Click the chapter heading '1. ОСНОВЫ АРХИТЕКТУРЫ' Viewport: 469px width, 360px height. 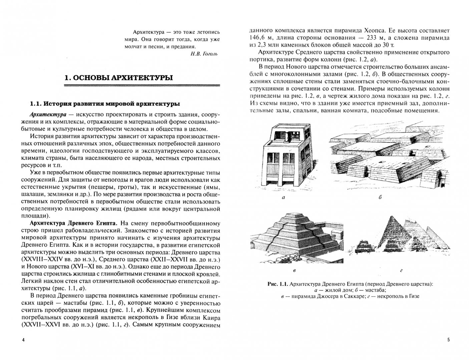(119, 78)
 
